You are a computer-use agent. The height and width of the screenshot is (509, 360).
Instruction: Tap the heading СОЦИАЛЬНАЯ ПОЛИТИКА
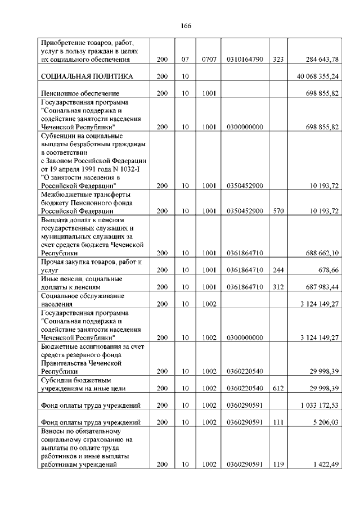pyautogui.click(x=87, y=76)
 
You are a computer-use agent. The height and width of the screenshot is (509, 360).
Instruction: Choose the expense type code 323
pyautogui.click(x=278, y=58)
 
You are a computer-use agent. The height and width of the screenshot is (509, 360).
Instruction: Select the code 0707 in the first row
pyautogui.click(x=209, y=58)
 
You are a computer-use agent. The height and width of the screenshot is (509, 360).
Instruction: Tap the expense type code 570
pyautogui.click(x=278, y=211)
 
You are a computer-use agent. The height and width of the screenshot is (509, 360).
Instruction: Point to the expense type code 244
pyautogui.click(x=278, y=270)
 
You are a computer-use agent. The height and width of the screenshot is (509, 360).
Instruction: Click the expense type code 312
pyautogui.click(x=278, y=287)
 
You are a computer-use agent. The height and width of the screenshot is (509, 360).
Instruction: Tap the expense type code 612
pyautogui.click(x=278, y=388)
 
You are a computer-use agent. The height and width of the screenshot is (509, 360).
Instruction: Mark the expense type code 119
pyautogui.click(x=278, y=465)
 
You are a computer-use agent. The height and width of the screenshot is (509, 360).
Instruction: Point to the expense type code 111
pyautogui.click(x=278, y=422)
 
